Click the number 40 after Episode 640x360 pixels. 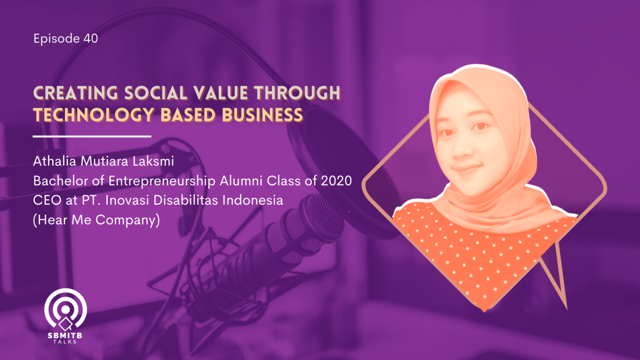(91, 38)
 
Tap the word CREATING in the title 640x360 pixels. (76, 93)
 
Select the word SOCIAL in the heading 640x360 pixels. (156, 93)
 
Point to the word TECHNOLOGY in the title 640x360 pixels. (94, 115)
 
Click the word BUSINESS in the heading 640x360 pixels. (262, 115)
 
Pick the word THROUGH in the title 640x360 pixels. (297, 93)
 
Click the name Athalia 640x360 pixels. (54, 162)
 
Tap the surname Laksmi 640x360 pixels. (153, 162)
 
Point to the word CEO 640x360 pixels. (47, 201)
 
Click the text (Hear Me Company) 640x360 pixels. (97, 220)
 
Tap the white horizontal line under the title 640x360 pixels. (92, 137)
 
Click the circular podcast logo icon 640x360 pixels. (66, 309)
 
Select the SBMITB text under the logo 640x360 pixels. (65, 335)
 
